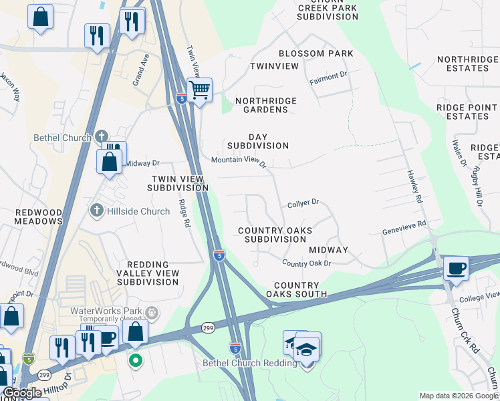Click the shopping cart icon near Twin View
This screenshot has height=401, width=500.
(x=199, y=90)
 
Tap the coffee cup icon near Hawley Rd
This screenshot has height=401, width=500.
(x=456, y=269)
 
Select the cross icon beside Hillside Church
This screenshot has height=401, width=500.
(x=96, y=211)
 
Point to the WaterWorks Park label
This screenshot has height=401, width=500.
(x=108, y=311)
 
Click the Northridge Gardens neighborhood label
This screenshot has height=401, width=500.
(x=266, y=105)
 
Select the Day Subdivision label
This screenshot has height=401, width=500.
(x=257, y=140)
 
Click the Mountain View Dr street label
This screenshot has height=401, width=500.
(x=239, y=161)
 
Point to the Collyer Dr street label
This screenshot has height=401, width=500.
(x=303, y=202)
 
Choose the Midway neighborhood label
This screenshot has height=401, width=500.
(x=328, y=250)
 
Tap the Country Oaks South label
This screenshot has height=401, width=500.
(x=296, y=289)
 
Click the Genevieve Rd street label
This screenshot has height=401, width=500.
(x=404, y=229)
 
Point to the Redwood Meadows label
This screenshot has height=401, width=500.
(x=39, y=217)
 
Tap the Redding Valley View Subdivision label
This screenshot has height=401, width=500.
(x=148, y=273)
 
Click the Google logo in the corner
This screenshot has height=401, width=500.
(x=23, y=393)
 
